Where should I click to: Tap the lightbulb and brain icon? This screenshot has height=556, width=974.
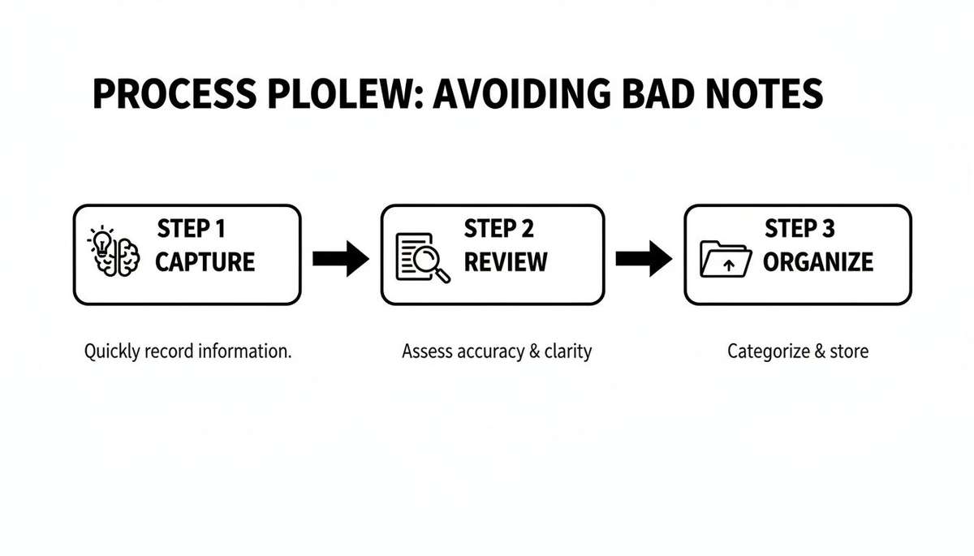(114, 253)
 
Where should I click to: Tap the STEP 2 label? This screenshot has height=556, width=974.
(498, 230)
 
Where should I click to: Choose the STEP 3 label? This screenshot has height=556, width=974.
(799, 230)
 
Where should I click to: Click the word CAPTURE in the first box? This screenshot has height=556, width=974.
(205, 262)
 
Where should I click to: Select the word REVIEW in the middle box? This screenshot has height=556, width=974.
(506, 262)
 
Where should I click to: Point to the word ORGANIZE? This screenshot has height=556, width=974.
(818, 262)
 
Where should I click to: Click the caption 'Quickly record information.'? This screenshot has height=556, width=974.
(187, 352)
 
